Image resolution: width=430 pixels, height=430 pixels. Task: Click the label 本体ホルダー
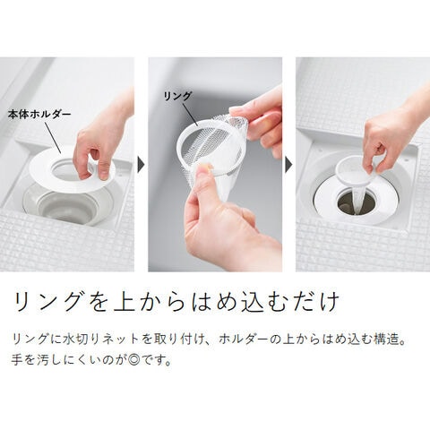coord(39,114)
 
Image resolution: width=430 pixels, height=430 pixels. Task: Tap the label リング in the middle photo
coord(177,96)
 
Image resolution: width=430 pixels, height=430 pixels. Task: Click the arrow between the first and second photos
coord(141,165)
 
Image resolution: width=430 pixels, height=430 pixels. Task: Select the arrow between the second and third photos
coord(288,165)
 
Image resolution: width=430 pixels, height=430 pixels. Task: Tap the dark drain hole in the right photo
coord(356,202)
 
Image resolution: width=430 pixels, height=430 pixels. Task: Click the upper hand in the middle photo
coord(260,119)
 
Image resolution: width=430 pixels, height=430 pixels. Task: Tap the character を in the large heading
coord(98,301)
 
